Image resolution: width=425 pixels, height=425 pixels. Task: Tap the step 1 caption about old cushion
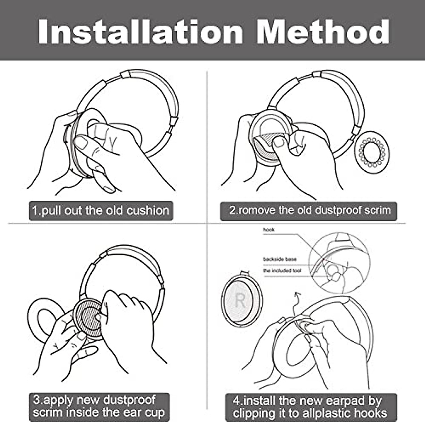[101, 211]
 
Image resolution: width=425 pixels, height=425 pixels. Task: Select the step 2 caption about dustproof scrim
[309, 210]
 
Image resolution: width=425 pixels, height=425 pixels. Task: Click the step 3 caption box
[99, 406]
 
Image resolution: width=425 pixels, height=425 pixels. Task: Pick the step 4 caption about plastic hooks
[310, 407]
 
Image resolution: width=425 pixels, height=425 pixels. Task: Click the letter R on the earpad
[240, 301]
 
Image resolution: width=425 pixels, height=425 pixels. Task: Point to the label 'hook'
[269, 230]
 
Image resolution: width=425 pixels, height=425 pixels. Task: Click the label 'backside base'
[279, 259]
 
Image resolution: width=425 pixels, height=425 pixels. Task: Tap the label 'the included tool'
[282, 271]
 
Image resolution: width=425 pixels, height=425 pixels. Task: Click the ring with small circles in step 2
[372, 153]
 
